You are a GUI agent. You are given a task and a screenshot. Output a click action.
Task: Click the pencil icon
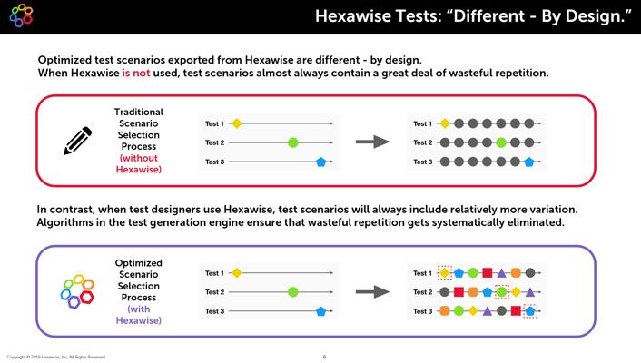(x=77, y=141)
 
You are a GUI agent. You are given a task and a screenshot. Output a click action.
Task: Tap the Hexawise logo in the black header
(x=21, y=15)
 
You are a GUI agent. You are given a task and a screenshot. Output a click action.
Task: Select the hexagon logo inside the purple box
(x=77, y=290)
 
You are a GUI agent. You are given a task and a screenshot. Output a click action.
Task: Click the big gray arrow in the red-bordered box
(x=372, y=142)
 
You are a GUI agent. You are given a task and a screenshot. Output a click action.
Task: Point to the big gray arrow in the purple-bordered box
(x=372, y=292)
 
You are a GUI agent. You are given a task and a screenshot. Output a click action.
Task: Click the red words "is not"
(x=135, y=73)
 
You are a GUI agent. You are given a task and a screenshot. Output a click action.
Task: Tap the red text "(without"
(x=139, y=158)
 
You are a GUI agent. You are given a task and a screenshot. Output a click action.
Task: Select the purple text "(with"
(x=139, y=309)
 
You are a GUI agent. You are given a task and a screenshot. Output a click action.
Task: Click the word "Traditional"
(x=139, y=112)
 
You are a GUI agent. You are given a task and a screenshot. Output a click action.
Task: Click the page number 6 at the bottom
(x=325, y=357)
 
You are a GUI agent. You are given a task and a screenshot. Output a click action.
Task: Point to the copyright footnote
(x=56, y=357)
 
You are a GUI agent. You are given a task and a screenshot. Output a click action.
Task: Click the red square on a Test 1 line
(x=487, y=272)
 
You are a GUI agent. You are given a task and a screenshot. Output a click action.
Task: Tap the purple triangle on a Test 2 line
(x=530, y=292)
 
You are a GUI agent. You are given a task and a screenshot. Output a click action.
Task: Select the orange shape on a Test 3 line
(x=444, y=311)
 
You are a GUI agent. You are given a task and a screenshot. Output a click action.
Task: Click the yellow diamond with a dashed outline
(x=444, y=272)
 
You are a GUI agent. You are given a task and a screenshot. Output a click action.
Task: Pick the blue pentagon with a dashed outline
(x=530, y=311)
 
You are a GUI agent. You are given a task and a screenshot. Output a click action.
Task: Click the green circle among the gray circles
(x=501, y=142)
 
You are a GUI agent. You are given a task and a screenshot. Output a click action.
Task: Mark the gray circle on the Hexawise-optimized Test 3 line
(x=501, y=311)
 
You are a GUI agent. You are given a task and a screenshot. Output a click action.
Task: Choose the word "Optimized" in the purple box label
(x=139, y=263)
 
